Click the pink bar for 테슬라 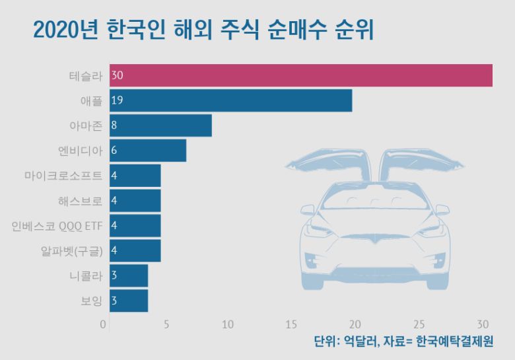click(x=301, y=75)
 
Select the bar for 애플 click(x=231, y=100)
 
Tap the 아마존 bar click(x=161, y=126)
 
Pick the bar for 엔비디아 click(x=148, y=151)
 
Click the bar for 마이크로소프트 click(x=135, y=176)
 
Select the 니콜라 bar click(x=129, y=275)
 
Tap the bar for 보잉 click(x=129, y=301)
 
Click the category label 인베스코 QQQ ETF click(x=57, y=226)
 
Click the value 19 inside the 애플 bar click(x=118, y=100)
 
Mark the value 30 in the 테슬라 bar click(x=118, y=75)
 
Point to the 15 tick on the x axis click(x=291, y=324)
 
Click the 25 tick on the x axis click(x=419, y=324)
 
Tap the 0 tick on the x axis click(x=103, y=324)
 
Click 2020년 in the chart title click(x=66, y=30)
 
